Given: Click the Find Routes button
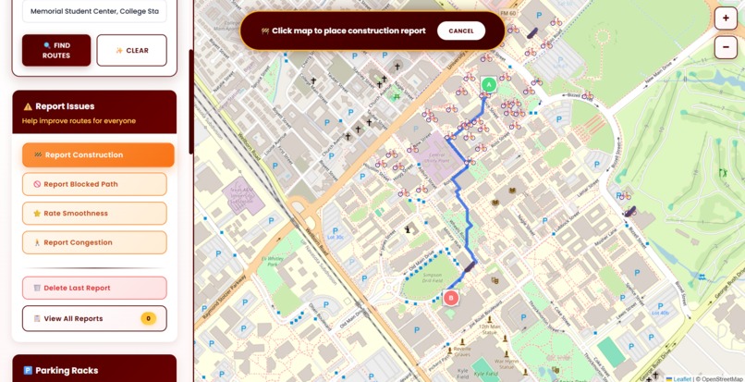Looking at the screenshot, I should coord(56,50).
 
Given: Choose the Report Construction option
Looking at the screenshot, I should coord(98,154).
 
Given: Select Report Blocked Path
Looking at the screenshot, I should coord(94,184).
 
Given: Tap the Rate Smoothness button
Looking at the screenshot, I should coord(94,214).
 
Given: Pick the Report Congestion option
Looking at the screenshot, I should coord(94,242).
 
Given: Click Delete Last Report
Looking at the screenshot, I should coord(94,288).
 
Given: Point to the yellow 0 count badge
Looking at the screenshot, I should coord(148,318).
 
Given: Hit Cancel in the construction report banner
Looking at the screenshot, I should coord(461,31).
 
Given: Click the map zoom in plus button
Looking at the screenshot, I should coord(726,18).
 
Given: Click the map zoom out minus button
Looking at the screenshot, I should coord(726,46).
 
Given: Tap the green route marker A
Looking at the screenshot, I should coord(489,85).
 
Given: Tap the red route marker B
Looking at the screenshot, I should coord(451,298).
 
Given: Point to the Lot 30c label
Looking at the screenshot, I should coord(335,238).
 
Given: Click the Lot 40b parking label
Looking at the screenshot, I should coord(660,313).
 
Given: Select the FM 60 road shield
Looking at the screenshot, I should coord(508,14).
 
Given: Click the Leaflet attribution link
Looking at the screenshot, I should coord(680,378).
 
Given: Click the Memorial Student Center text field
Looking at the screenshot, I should coord(94,11).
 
